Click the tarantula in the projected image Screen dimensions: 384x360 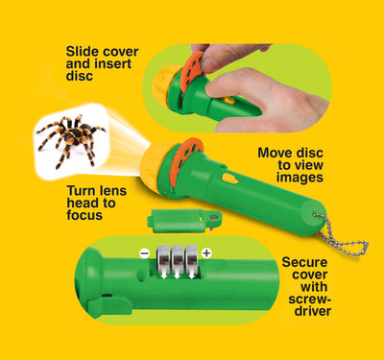click(71, 139)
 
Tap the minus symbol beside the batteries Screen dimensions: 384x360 click(145, 253)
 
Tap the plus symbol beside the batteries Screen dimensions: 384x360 click(207, 253)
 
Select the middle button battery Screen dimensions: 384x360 click(178, 258)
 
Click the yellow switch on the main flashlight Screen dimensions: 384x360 click(230, 179)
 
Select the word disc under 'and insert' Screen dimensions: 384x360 click(80, 76)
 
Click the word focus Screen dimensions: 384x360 click(84, 215)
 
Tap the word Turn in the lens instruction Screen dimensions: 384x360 click(81, 191)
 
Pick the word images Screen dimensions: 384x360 click(300, 178)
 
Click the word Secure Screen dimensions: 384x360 click(304, 262)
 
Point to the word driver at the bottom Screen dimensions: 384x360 click(313, 311)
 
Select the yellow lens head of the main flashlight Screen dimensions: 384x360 click(153, 166)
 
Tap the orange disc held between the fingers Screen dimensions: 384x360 click(191, 71)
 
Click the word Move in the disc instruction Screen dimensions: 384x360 click(273, 153)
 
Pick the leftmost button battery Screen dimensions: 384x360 click(163, 258)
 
